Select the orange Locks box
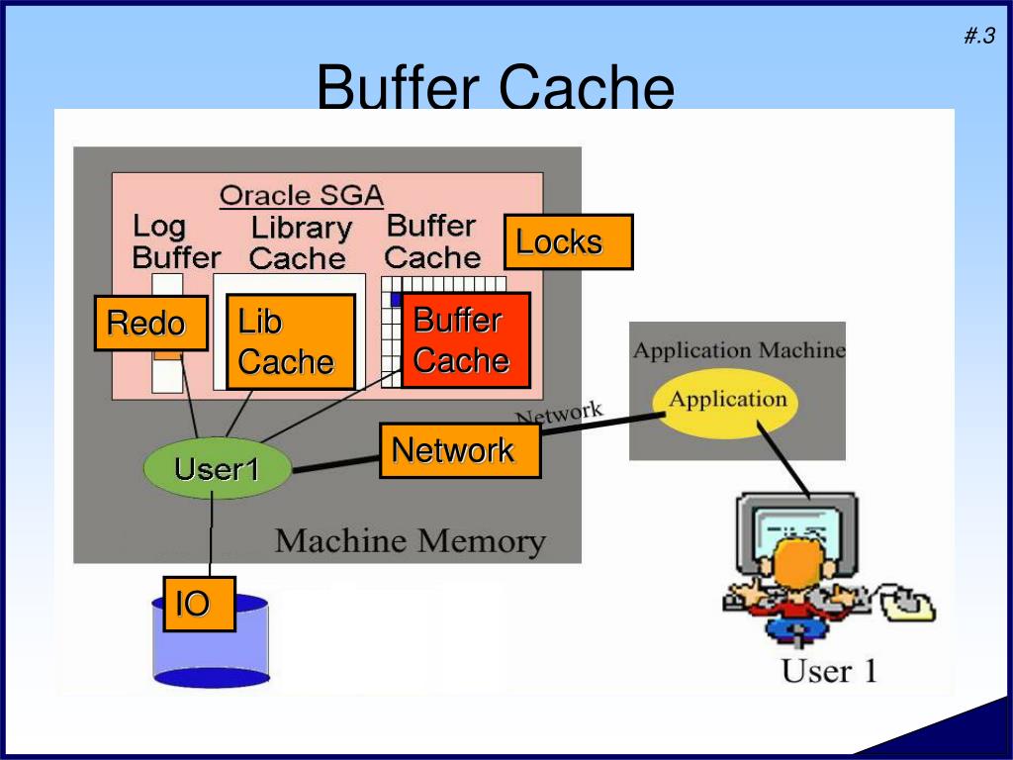568,241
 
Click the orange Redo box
150,323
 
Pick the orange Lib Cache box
290,341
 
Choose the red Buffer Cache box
465,339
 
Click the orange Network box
460,450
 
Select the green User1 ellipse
217,468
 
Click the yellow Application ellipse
727,400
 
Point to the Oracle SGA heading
301,194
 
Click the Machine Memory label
410,541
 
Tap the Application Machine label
738,350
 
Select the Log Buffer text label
174,242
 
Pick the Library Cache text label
300,243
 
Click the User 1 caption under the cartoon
828,671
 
